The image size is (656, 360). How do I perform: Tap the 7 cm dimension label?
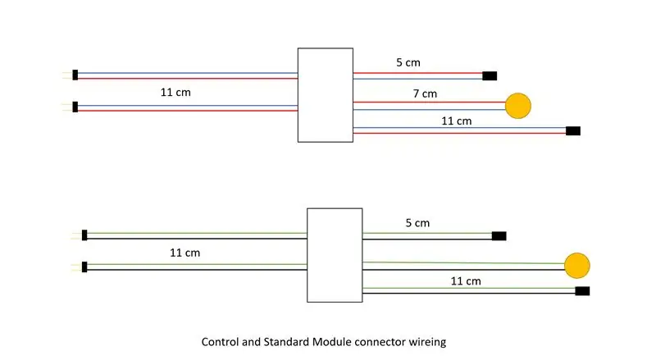(x=425, y=93)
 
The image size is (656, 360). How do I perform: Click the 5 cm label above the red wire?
(x=408, y=62)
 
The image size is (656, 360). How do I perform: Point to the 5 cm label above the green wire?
(x=417, y=223)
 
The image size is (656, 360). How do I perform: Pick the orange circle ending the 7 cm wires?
(x=518, y=106)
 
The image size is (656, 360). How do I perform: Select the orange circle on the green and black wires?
(x=577, y=266)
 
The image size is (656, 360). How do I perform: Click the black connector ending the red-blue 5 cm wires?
(x=490, y=75)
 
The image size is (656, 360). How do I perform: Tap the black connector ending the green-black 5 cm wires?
(x=499, y=236)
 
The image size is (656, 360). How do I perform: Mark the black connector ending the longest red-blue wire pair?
(x=572, y=131)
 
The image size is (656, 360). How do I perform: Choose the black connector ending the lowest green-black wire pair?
(x=582, y=291)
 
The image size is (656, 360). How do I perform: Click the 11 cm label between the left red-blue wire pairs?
(x=175, y=92)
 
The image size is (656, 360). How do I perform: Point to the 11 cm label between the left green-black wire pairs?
(x=184, y=253)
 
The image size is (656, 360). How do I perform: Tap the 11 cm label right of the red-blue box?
(x=456, y=121)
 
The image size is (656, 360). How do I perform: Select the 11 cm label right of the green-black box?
(x=465, y=281)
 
